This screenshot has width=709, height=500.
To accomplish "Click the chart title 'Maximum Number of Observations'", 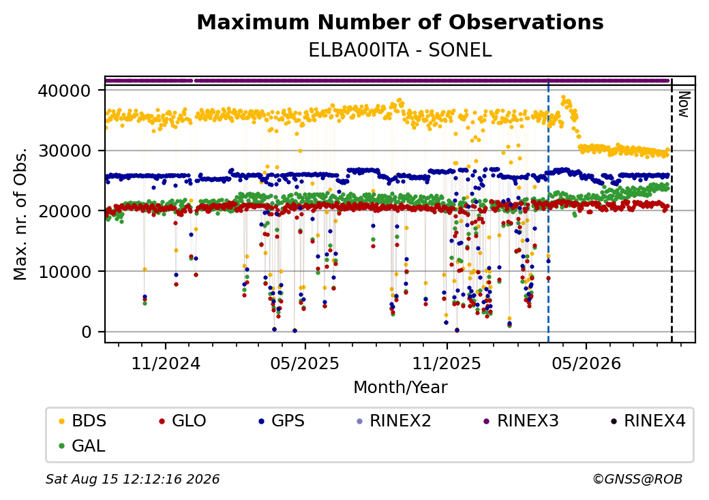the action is [x=400, y=22].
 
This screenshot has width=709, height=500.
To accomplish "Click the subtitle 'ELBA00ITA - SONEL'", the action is [x=400, y=50].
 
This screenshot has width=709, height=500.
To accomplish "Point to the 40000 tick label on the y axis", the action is [x=64, y=91].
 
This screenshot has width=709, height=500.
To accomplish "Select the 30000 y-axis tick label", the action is [x=64, y=151].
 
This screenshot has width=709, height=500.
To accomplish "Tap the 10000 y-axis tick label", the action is [x=64, y=272].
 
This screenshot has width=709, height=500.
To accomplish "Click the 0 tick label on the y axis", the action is [x=86, y=332].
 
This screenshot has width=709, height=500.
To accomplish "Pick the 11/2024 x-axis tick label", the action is [x=166, y=363].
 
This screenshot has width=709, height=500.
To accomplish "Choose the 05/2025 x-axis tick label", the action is [x=305, y=363].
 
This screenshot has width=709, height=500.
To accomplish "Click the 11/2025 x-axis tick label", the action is [x=447, y=363].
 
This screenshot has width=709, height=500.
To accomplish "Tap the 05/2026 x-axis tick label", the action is [x=586, y=363].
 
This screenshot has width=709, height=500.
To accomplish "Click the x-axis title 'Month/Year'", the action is [x=400, y=387].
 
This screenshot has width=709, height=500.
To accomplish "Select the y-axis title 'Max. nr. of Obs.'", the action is [x=20, y=214].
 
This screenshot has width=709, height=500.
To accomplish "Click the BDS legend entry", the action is [x=82, y=421].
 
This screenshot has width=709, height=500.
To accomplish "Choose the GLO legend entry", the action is [x=183, y=421].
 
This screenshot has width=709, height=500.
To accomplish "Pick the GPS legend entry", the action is [x=282, y=421].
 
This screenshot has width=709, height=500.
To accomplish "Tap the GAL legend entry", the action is [x=82, y=446].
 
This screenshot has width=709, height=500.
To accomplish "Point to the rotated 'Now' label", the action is [x=684, y=104].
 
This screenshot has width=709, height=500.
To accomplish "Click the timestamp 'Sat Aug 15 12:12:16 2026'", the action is [x=133, y=479].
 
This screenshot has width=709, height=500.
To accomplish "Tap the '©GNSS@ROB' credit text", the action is [x=637, y=479].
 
